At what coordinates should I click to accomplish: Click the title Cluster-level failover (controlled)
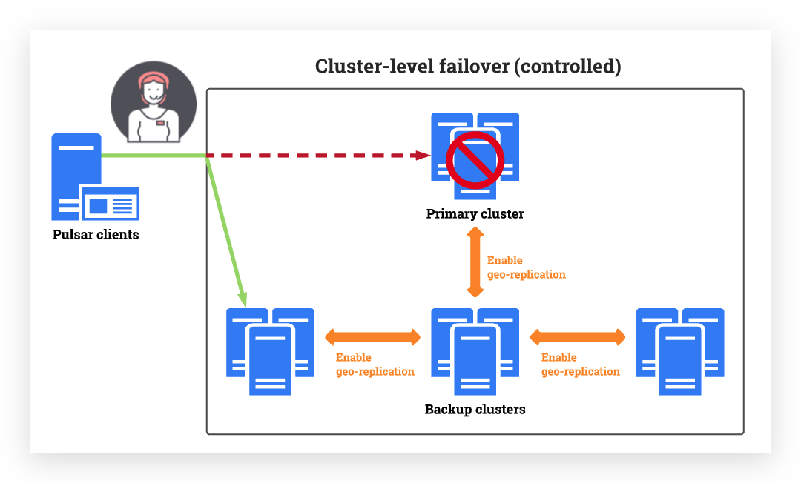tap(468, 67)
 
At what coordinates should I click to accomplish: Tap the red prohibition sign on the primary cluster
tap(475, 159)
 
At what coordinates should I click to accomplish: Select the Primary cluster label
tap(475, 214)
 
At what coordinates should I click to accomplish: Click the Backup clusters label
tap(475, 409)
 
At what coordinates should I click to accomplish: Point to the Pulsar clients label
tap(96, 235)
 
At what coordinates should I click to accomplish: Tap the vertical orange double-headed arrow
tap(475, 263)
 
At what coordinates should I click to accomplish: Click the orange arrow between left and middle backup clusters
tap(373, 338)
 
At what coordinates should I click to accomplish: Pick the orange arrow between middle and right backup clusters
tap(578, 338)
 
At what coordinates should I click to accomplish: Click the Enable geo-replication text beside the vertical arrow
tap(526, 267)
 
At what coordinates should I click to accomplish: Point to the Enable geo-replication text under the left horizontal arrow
tap(375, 364)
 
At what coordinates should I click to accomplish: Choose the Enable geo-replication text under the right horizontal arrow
tap(580, 364)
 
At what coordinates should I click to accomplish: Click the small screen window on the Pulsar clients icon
tap(111, 204)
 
